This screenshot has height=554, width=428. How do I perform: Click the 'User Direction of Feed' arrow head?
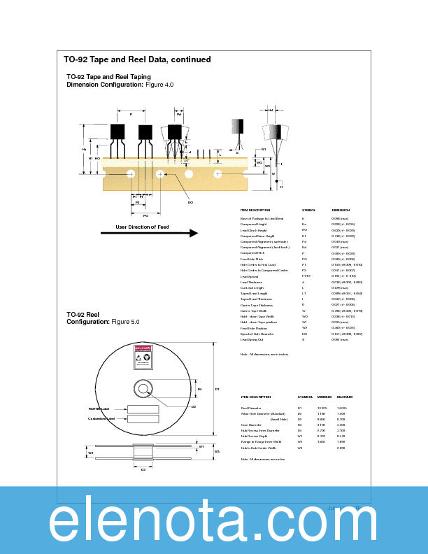192,233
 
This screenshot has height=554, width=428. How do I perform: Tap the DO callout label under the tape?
190,202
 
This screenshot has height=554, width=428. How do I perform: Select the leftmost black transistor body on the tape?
117,132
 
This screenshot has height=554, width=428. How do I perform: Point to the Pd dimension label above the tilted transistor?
178,114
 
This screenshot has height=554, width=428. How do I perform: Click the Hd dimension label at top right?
271,110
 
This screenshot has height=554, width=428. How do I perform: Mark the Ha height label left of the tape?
85,149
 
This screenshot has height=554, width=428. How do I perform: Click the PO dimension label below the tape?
145,215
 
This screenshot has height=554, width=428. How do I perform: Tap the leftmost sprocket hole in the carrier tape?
131,173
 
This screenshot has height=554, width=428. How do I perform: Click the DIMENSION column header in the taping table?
341,210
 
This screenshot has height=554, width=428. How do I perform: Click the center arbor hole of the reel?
143,389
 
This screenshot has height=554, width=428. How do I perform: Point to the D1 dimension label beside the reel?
217,389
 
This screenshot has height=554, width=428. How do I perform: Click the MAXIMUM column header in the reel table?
344,397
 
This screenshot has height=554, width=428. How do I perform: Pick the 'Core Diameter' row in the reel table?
251,425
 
